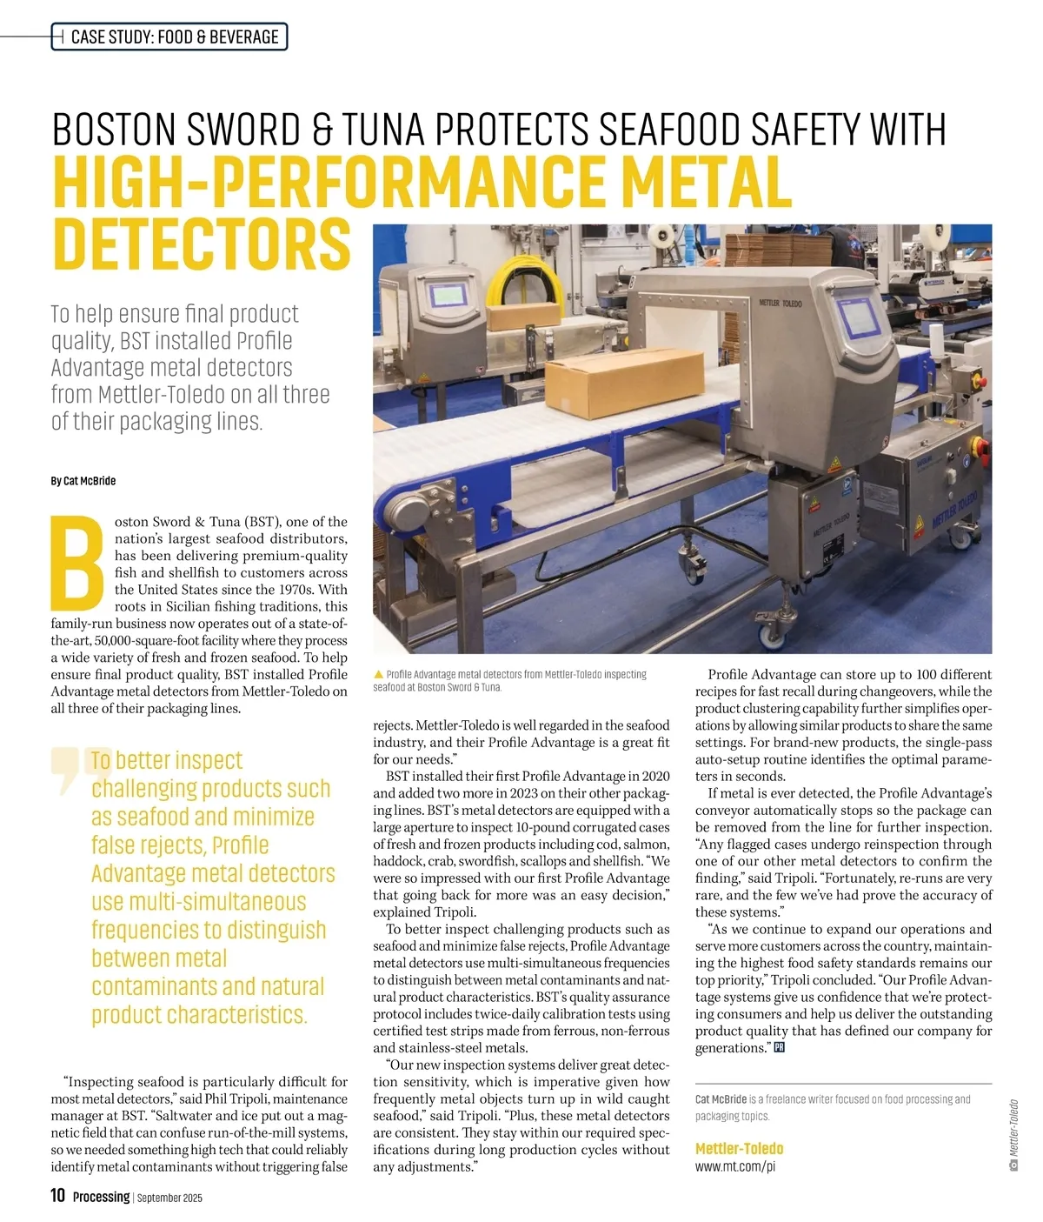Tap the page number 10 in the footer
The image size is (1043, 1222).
click(58, 1196)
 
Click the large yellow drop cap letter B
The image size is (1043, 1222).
click(79, 564)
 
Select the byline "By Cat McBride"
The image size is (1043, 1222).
click(83, 481)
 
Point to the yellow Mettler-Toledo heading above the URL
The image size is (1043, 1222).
click(739, 1149)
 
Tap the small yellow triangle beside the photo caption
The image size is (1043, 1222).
click(378, 675)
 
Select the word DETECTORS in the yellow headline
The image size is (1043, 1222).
click(202, 244)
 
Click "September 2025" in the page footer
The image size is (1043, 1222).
click(169, 1198)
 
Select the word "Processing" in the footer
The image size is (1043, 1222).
click(101, 1197)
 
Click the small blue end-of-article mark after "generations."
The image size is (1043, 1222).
click(779, 1048)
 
